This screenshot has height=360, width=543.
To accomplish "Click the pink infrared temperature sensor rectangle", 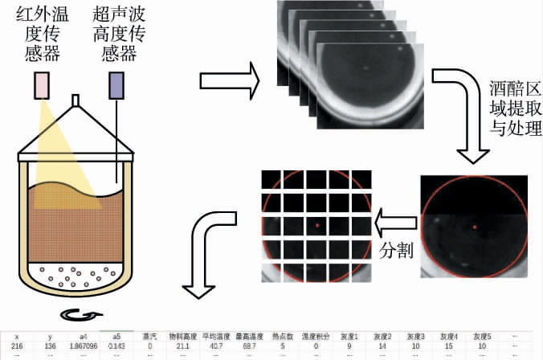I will [41, 84].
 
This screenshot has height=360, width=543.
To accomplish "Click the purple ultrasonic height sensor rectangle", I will [116, 84].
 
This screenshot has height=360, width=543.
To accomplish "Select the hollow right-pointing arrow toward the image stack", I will [230, 81].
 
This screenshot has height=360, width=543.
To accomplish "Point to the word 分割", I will [396, 250].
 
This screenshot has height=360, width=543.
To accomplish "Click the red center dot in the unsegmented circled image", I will [475, 227].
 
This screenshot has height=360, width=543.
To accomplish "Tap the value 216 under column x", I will [17, 346].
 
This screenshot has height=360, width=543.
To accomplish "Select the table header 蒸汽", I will [149, 336].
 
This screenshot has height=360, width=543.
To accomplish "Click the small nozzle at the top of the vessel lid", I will [76, 100].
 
